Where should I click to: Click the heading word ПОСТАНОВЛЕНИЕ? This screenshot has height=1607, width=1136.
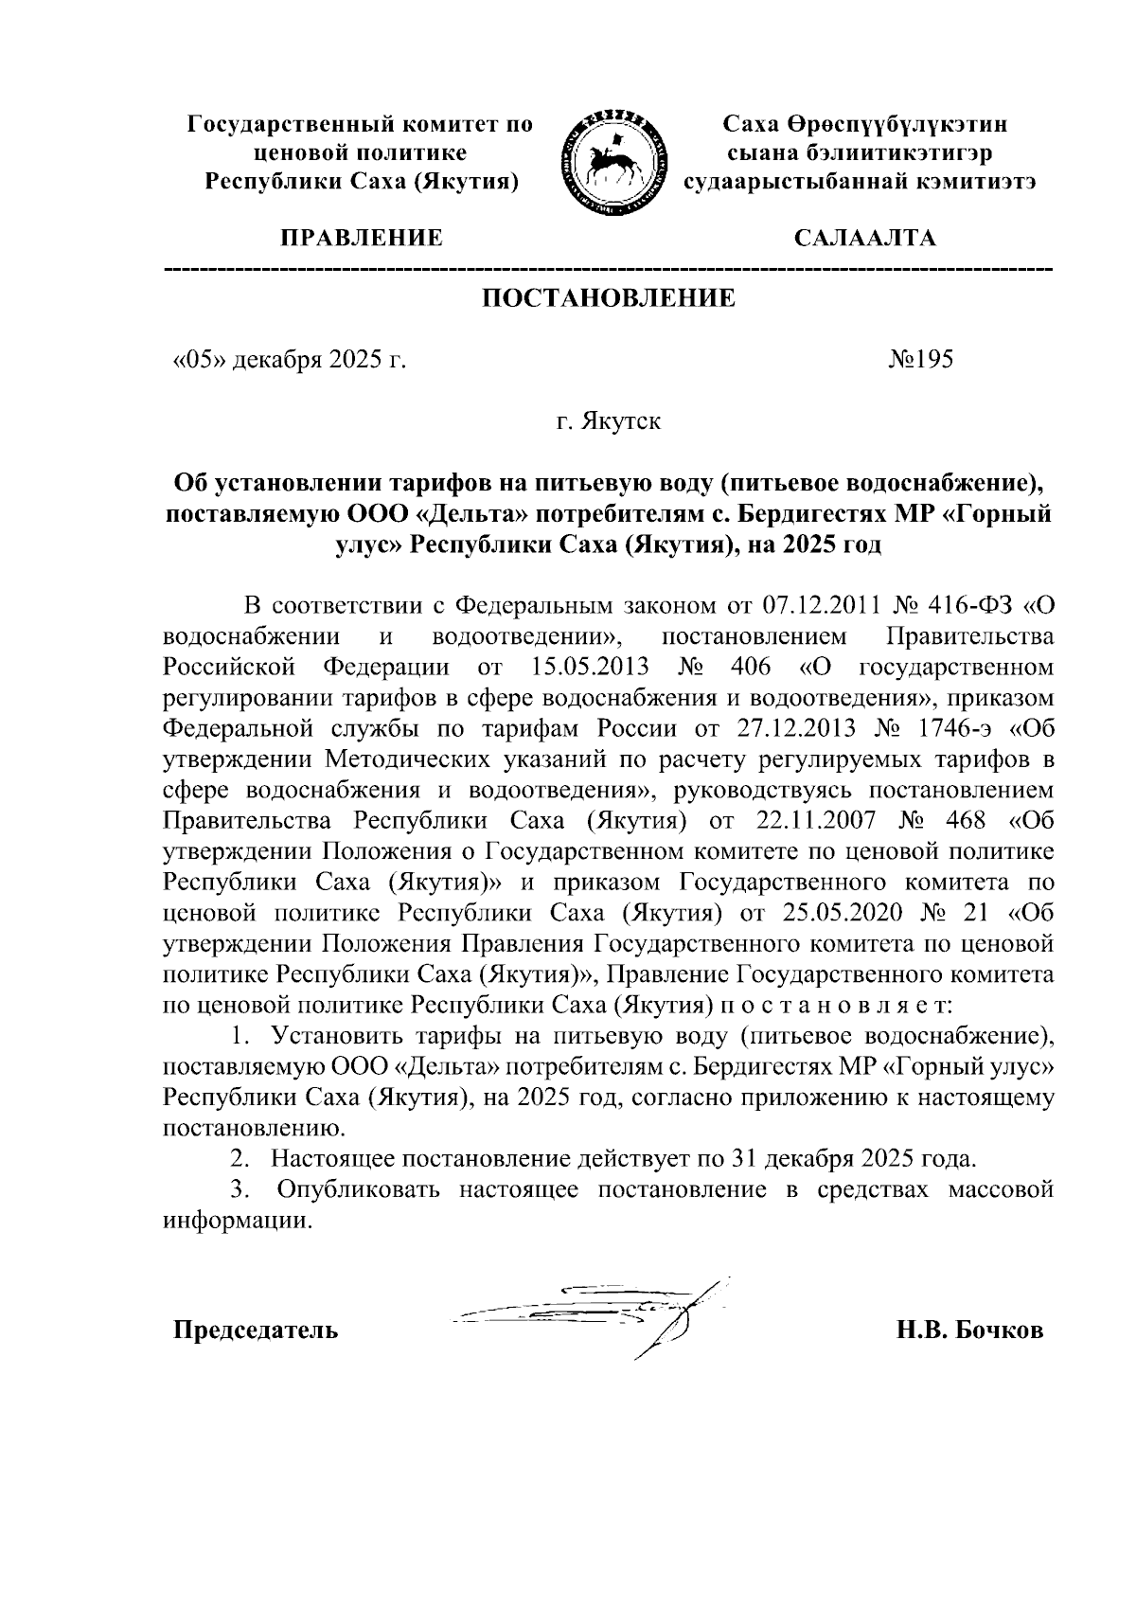point(609,299)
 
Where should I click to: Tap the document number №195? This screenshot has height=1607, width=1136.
point(920,360)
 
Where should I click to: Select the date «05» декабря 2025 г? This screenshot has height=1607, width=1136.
point(288,360)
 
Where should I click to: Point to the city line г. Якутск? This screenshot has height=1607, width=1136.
point(608,420)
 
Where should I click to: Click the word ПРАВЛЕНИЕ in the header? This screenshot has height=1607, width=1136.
point(359,238)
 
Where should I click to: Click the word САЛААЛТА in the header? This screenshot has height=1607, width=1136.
point(864,238)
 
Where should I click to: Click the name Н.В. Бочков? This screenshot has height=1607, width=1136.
point(970,1330)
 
